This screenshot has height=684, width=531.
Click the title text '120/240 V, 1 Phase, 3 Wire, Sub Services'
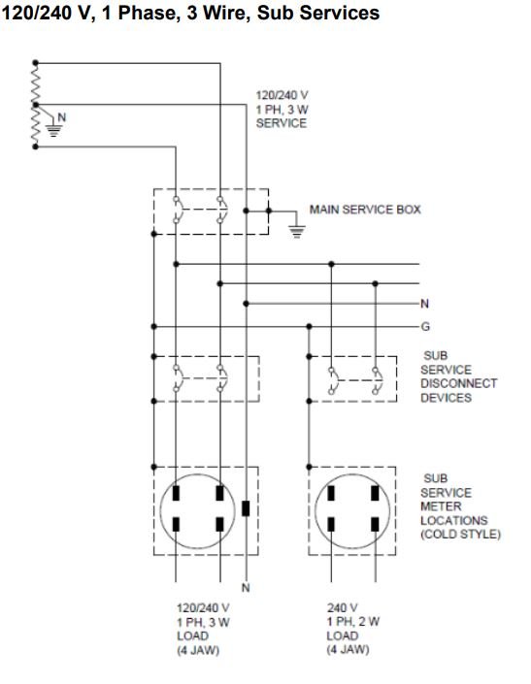190,13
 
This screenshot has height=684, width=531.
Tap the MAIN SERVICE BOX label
365,210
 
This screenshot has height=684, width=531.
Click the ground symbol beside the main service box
297,231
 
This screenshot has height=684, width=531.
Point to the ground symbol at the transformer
53,130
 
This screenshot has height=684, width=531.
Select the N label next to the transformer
62,117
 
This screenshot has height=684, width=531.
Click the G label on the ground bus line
425,326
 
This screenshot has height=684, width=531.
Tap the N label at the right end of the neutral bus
424,304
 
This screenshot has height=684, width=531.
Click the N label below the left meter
246,588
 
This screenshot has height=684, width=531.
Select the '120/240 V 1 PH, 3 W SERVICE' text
282,109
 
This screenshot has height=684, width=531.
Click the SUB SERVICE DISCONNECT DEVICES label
458,376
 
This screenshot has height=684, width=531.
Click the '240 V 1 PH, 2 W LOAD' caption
353,622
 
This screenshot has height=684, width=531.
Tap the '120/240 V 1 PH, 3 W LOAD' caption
203,622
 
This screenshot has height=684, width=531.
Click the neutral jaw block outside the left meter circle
246,508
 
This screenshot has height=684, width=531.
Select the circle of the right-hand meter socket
315,510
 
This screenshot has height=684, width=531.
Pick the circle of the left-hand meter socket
160,510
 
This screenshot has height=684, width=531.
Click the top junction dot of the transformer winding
35,63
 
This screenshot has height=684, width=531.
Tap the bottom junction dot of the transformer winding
35,147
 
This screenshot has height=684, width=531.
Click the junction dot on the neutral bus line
246,304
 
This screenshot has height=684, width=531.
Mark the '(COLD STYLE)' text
460,535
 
